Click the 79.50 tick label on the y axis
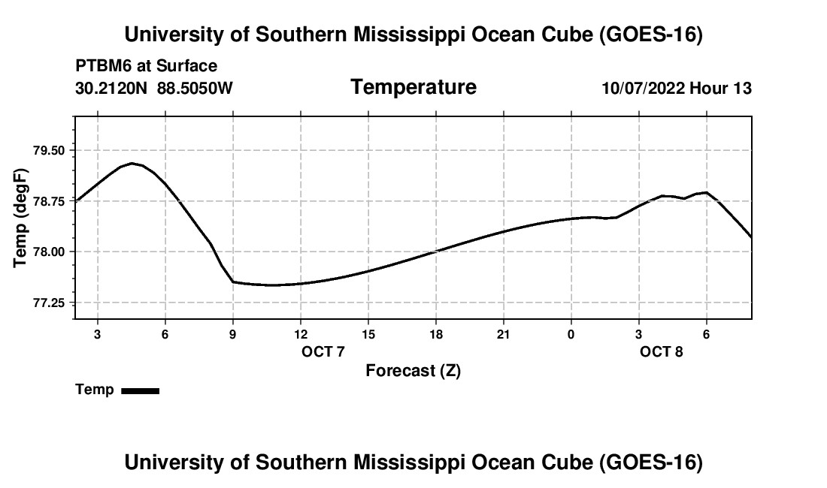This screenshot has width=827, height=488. (x=49, y=151)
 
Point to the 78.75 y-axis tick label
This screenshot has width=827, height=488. (x=49, y=202)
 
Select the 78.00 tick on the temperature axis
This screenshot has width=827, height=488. (x=49, y=252)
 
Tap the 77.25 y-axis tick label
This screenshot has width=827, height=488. (x=49, y=303)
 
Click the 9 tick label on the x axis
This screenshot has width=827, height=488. (x=232, y=334)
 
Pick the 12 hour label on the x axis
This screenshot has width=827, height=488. (x=301, y=334)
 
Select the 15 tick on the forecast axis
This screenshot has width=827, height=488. (x=368, y=334)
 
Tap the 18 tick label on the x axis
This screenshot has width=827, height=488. (x=436, y=334)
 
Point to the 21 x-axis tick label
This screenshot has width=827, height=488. (x=504, y=334)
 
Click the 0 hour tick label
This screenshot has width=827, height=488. (x=571, y=334)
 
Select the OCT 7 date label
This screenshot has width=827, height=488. (x=323, y=351)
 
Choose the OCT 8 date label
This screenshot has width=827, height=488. (x=662, y=351)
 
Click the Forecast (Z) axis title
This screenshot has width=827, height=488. (x=413, y=371)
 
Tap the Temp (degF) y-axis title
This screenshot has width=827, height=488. (x=20, y=218)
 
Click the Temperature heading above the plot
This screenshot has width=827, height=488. (x=413, y=87)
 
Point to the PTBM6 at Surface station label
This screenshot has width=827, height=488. (x=147, y=66)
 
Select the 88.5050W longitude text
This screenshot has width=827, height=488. (x=195, y=88)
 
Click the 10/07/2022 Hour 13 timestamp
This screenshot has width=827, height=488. (x=677, y=88)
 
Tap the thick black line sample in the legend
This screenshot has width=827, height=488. (x=141, y=391)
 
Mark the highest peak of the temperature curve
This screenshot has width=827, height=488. (x=132, y=163)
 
